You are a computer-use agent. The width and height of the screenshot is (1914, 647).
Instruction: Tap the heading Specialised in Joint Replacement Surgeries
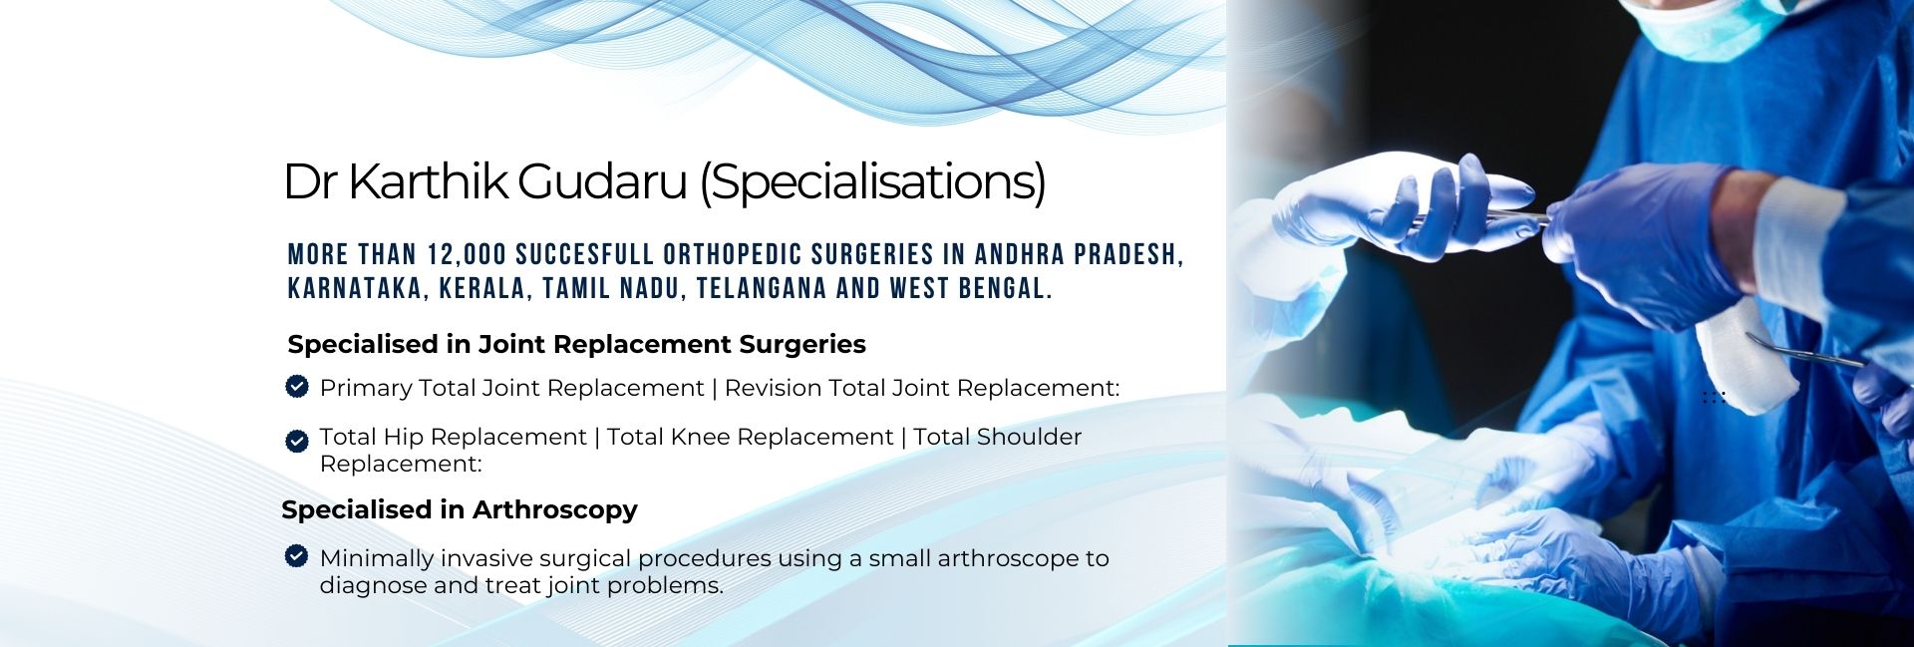pyautogui.click(x=576, y=344)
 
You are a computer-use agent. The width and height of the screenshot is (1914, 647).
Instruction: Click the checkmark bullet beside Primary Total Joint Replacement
pyautogui.click(x=297, y=386)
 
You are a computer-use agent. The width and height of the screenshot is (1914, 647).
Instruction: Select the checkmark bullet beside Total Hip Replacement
pyautogui.click(x=297, y=441)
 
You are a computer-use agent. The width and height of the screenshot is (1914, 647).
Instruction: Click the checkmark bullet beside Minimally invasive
pyautogui.click(x=296, y=555)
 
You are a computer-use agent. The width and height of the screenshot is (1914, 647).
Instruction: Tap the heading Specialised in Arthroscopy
pyautogui.click(x=460, y=509)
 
